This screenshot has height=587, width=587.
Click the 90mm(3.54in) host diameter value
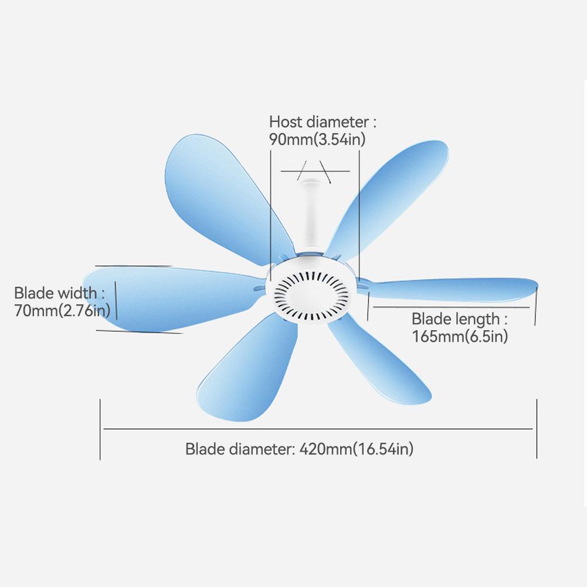pos(317,139)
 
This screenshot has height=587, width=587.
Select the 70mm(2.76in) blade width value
pos(62,310)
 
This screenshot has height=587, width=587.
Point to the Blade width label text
pos(55,293)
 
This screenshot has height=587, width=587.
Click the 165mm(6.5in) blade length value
pos(460,336)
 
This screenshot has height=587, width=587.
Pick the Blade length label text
pos(456,319)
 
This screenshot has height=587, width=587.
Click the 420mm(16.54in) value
pos(357,449)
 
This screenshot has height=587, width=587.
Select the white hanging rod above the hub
pos(310,215)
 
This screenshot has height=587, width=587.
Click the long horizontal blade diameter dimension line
pos(318,429)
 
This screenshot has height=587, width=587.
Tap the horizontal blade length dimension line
pos(451,307)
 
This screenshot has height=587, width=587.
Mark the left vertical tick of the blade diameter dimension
pos(100,429)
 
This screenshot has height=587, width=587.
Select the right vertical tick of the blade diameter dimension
pos(537,429)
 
